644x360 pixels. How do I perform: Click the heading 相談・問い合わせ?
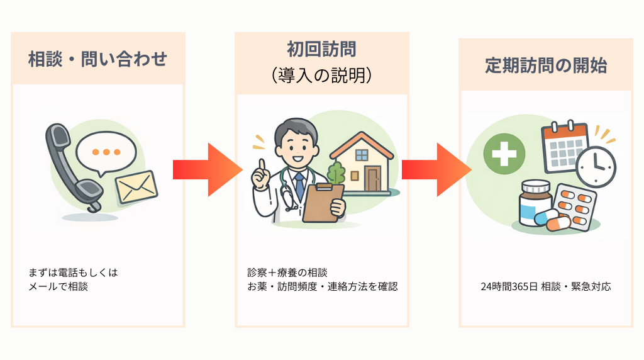click(x=97, y=59)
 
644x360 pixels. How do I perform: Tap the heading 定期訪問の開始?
click(x=545, y=65)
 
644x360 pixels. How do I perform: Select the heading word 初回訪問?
click(x=321, y=49)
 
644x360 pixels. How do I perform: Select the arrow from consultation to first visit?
click(x=207, y=169)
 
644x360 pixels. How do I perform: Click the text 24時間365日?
click(x=509, y=286)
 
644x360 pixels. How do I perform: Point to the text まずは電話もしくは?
click(x=73, y=273)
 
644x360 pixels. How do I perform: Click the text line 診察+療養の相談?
click(x=287, y=273)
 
